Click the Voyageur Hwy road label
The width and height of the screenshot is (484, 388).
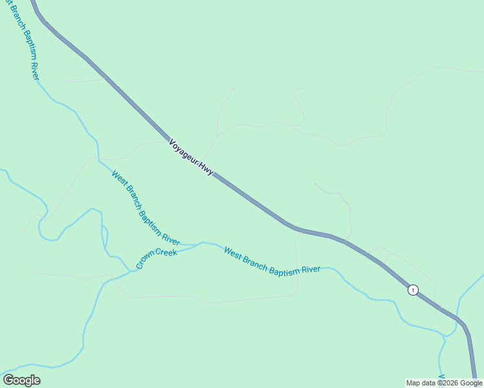191,158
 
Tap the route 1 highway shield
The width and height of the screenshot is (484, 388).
413,290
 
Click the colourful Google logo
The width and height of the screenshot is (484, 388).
21,380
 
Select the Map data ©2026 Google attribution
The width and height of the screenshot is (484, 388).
445,383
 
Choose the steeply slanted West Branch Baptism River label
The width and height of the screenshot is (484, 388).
146,208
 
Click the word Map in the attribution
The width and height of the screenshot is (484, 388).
413,383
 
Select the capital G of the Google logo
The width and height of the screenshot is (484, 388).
8,380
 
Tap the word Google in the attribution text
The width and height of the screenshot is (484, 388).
470,383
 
